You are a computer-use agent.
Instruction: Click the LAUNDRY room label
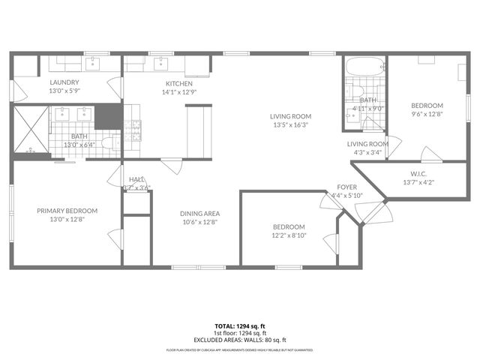64,82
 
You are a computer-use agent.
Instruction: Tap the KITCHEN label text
179,83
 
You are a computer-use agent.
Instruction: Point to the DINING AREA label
199,213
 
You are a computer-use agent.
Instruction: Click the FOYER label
346,187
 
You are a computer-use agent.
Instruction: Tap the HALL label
136,179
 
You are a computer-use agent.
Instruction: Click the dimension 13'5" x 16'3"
290,125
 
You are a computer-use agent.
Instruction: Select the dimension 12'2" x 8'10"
289,235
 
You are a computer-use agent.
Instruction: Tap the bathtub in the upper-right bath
364,67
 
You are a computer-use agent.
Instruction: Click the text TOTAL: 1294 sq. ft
240,326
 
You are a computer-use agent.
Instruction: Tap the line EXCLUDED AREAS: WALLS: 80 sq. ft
240,340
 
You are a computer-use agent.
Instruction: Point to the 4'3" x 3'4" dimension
367,152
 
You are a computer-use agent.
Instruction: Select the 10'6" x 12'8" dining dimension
199,221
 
